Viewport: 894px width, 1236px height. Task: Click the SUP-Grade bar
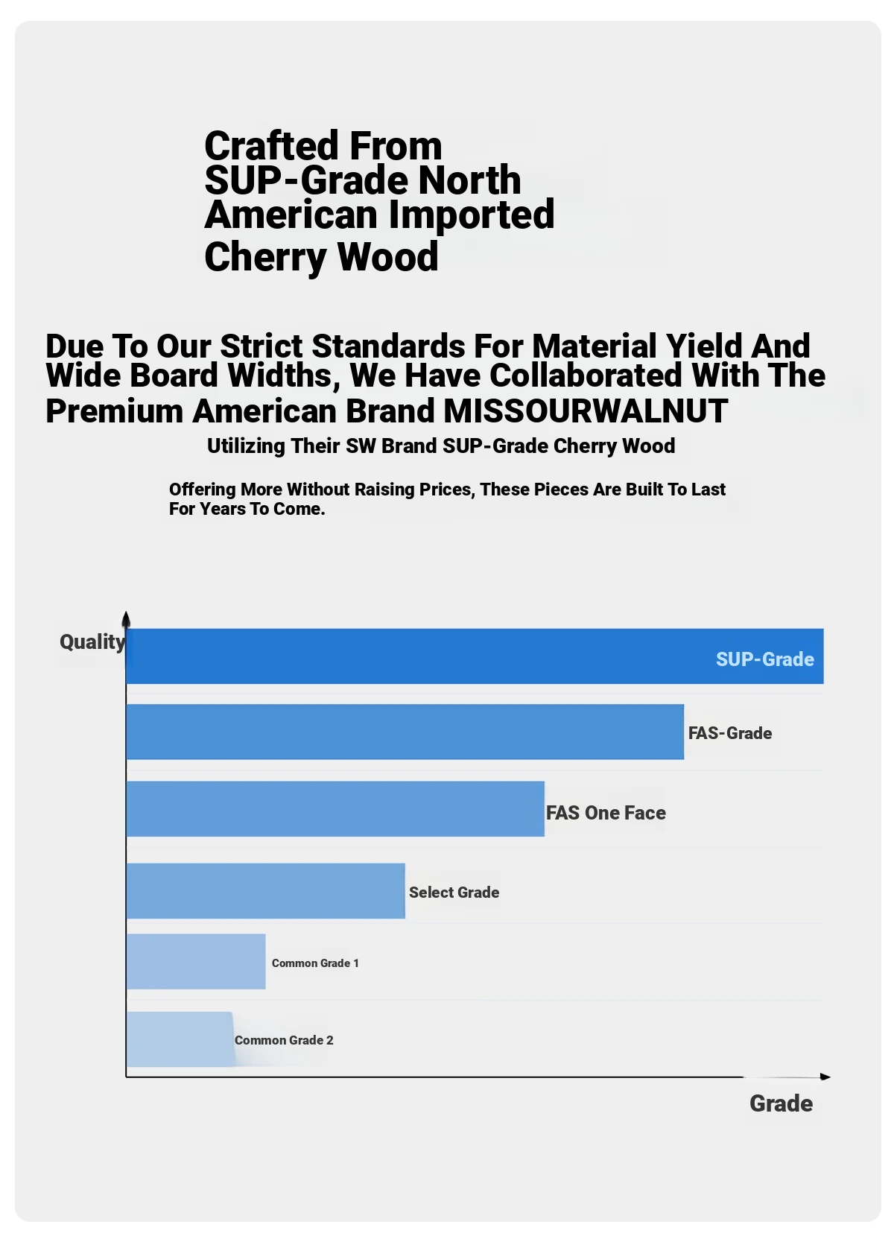tap(417, 656)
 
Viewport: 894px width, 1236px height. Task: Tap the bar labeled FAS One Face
tap(335, 809)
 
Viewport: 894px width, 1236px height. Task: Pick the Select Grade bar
tap(265, 891)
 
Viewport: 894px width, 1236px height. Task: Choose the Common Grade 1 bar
tap(196, 962)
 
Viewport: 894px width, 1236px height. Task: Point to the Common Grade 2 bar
tap(180, 1039)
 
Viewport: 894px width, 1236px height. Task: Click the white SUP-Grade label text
tap(764, 659)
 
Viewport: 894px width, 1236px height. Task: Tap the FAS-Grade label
tap(729, 733)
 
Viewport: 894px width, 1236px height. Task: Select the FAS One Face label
tap(606, 813)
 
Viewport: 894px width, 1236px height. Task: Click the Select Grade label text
tap(454, 893)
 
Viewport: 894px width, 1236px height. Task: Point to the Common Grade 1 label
tap(315, 963)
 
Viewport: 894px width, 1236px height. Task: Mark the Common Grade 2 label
tap(284, 1040)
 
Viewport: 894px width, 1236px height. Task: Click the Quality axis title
tap(92, 642)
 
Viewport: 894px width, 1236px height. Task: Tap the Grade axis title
tap(781, 1103)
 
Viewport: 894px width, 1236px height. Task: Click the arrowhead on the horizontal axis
tap(825, 1077)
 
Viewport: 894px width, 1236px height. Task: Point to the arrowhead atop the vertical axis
tap(126, 618)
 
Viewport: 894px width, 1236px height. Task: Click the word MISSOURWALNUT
tap(586, 411)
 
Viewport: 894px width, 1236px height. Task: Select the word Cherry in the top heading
tap(264, 257)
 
